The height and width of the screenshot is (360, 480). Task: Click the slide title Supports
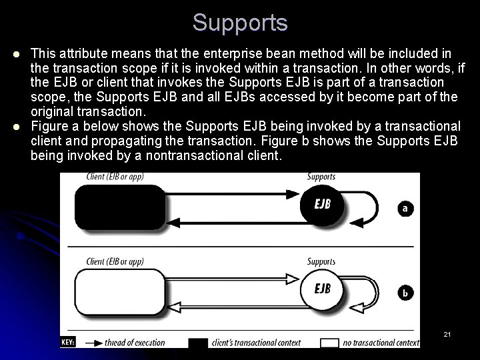(x=240, y=22)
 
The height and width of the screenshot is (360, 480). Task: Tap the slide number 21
(x=447, y=333)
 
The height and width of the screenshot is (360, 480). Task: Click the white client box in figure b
(x=119, y=290)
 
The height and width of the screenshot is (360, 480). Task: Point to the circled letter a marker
(x=405, y=208)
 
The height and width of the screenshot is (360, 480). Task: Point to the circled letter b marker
(x=405, y=292)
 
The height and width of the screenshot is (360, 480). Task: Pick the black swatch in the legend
(x=198, y=343)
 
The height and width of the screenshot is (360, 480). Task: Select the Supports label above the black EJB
(x=321, y=177)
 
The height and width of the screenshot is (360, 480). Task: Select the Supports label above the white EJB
(x=321, y=261)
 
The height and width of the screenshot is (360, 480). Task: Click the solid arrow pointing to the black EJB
(x=233, y=194)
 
